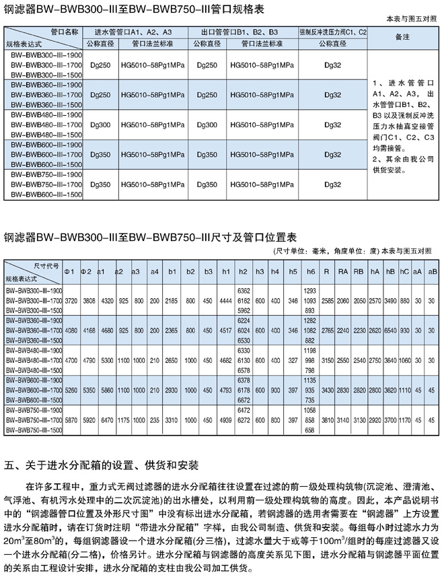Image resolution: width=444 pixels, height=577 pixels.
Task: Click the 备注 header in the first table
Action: point(403,36)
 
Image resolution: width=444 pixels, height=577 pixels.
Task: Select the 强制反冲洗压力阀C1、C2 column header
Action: point(333,32)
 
